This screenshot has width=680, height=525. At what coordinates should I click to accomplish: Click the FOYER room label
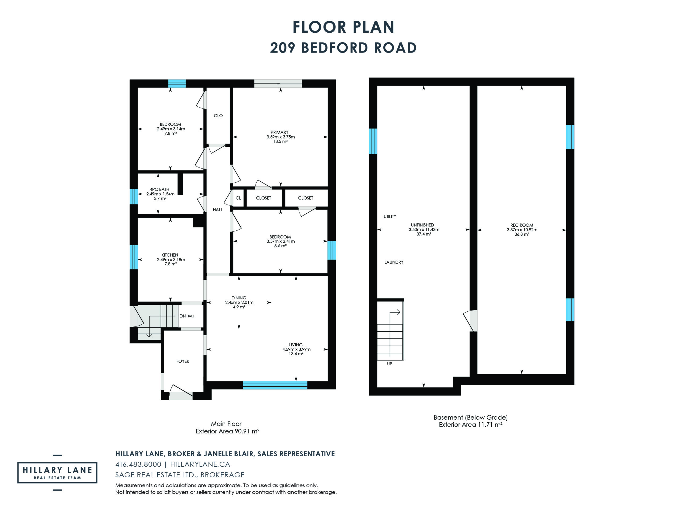point(182,361)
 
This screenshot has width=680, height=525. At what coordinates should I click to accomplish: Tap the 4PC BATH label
point(159,189)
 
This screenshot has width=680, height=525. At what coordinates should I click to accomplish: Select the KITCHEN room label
point(170,255)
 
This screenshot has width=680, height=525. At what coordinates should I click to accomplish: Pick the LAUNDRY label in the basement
point(394,262)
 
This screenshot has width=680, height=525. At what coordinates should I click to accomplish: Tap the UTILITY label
point(390,217)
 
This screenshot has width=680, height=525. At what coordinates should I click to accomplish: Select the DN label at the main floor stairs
point(183,316)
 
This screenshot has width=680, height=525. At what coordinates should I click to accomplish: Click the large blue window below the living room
point(275,385)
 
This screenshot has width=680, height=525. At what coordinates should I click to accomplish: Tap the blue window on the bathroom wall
point(134,196)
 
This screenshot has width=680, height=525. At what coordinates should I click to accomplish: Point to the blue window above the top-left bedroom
point(177,83)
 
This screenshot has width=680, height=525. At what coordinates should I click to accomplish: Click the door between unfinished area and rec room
point(470,321)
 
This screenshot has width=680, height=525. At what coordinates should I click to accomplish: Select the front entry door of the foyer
point(181,393)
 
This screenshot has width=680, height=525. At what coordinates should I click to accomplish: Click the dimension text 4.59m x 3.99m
point(296,349)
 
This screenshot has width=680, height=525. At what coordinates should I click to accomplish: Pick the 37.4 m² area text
point(424,234)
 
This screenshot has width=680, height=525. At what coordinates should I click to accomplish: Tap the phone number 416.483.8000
point(138,464)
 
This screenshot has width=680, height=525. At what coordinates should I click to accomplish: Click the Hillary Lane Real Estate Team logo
point(57,472)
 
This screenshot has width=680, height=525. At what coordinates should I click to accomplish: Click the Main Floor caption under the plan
point(226,424)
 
